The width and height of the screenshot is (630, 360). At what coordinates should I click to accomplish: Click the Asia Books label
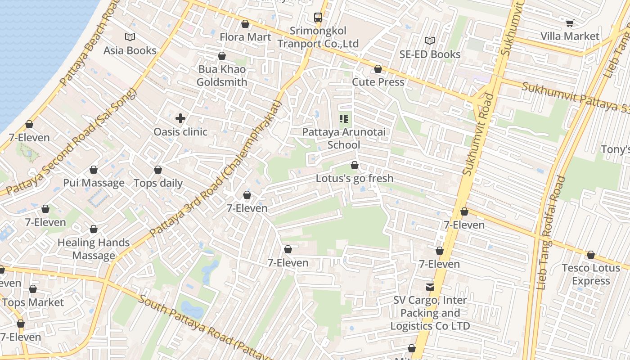tap(130, 50)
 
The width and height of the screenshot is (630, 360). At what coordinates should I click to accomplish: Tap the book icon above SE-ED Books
tap(430, 41)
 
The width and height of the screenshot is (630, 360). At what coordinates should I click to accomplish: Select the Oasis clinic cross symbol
tap(180, 119)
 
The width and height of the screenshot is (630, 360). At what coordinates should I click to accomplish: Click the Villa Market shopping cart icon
tap(570, 23)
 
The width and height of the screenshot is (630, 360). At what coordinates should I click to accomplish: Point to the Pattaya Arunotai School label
tap(344, 139)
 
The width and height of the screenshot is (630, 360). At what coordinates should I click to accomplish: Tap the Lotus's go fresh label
tap(355, 178)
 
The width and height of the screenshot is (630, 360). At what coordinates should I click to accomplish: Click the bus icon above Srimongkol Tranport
tap(318, 18)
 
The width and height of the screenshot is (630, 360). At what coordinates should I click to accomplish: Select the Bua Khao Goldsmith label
tap(222, 76)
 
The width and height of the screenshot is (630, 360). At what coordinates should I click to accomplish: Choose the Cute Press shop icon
tap(378, 69)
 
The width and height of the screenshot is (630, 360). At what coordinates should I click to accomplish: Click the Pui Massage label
tap(94, 183)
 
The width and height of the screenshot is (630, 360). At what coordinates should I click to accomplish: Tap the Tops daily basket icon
tap(158, 170)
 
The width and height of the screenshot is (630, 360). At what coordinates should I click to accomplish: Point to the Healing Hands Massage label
tap(94, 249)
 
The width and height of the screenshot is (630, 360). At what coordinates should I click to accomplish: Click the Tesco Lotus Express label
tap(591, 274)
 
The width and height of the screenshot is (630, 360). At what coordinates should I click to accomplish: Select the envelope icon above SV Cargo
tap(430, 287)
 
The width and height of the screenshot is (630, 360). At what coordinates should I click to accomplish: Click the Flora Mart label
tap(245, 37)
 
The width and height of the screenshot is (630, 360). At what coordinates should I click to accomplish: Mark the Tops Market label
tap(33, 302)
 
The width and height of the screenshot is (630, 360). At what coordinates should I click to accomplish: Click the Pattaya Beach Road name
tap(85, 45)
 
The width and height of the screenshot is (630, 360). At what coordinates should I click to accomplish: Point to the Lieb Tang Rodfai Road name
tap(552, 232)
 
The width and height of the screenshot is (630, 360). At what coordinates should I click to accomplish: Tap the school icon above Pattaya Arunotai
tap(344, 119)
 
